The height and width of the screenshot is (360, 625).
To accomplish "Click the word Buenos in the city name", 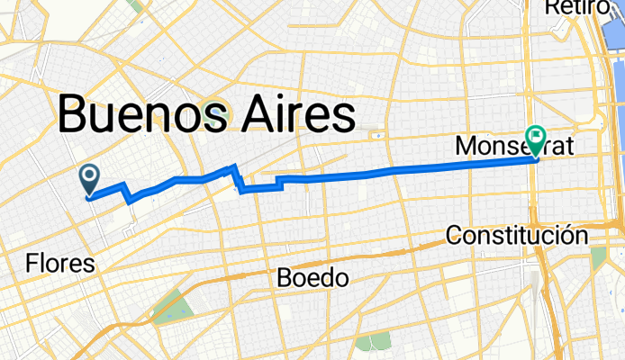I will (134, 116).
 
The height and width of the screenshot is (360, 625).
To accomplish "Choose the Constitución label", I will (517, 236).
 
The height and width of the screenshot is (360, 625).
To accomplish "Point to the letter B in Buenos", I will (75, 116).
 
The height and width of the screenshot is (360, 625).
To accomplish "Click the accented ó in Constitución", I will (567, 236).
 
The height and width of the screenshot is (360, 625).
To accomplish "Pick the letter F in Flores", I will (32, 264).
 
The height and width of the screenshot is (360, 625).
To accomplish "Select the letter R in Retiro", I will (552, 7).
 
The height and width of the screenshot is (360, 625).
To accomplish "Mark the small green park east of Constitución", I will (598, 256).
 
